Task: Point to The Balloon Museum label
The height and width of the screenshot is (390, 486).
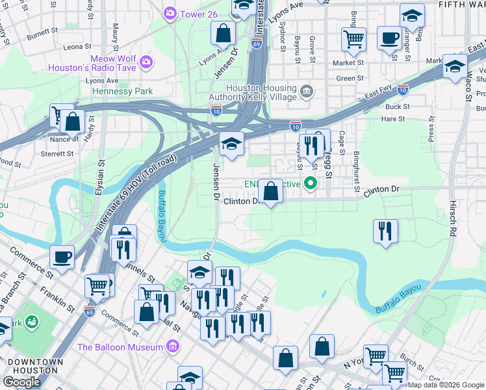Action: tap(120, 347)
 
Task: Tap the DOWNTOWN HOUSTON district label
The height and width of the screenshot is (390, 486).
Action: tap(34, 366)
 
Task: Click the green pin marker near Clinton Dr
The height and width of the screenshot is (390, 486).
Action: tap(311, 184)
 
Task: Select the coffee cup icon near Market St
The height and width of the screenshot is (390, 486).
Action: tap(389, 38)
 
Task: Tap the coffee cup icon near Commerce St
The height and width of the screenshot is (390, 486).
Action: tap(62, 257)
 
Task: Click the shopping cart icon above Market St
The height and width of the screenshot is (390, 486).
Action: tap(353, 38)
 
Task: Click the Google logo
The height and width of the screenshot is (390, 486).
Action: tap(21, 382)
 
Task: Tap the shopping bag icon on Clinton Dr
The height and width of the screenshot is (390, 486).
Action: tap(271, 191)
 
